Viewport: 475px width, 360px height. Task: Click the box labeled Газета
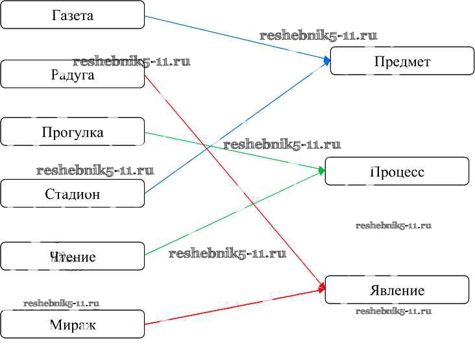(x=72, y=15)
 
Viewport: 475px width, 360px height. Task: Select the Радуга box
(x=72, y=75)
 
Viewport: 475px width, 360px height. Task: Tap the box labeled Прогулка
(x=72, y=132)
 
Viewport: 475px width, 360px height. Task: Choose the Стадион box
(x=72, y=193)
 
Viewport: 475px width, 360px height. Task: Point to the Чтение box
(x=72, y=256)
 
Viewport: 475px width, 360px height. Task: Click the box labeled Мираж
(x=72, y=324)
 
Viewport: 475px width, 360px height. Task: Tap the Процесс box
(x=396, y=171)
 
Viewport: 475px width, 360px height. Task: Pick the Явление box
(x=396, y=289)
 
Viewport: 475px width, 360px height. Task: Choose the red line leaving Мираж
(x=234, y=307)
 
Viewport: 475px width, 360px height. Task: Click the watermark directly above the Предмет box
(x=318, y=36)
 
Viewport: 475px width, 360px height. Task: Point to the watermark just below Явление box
(x=393, y=311)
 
